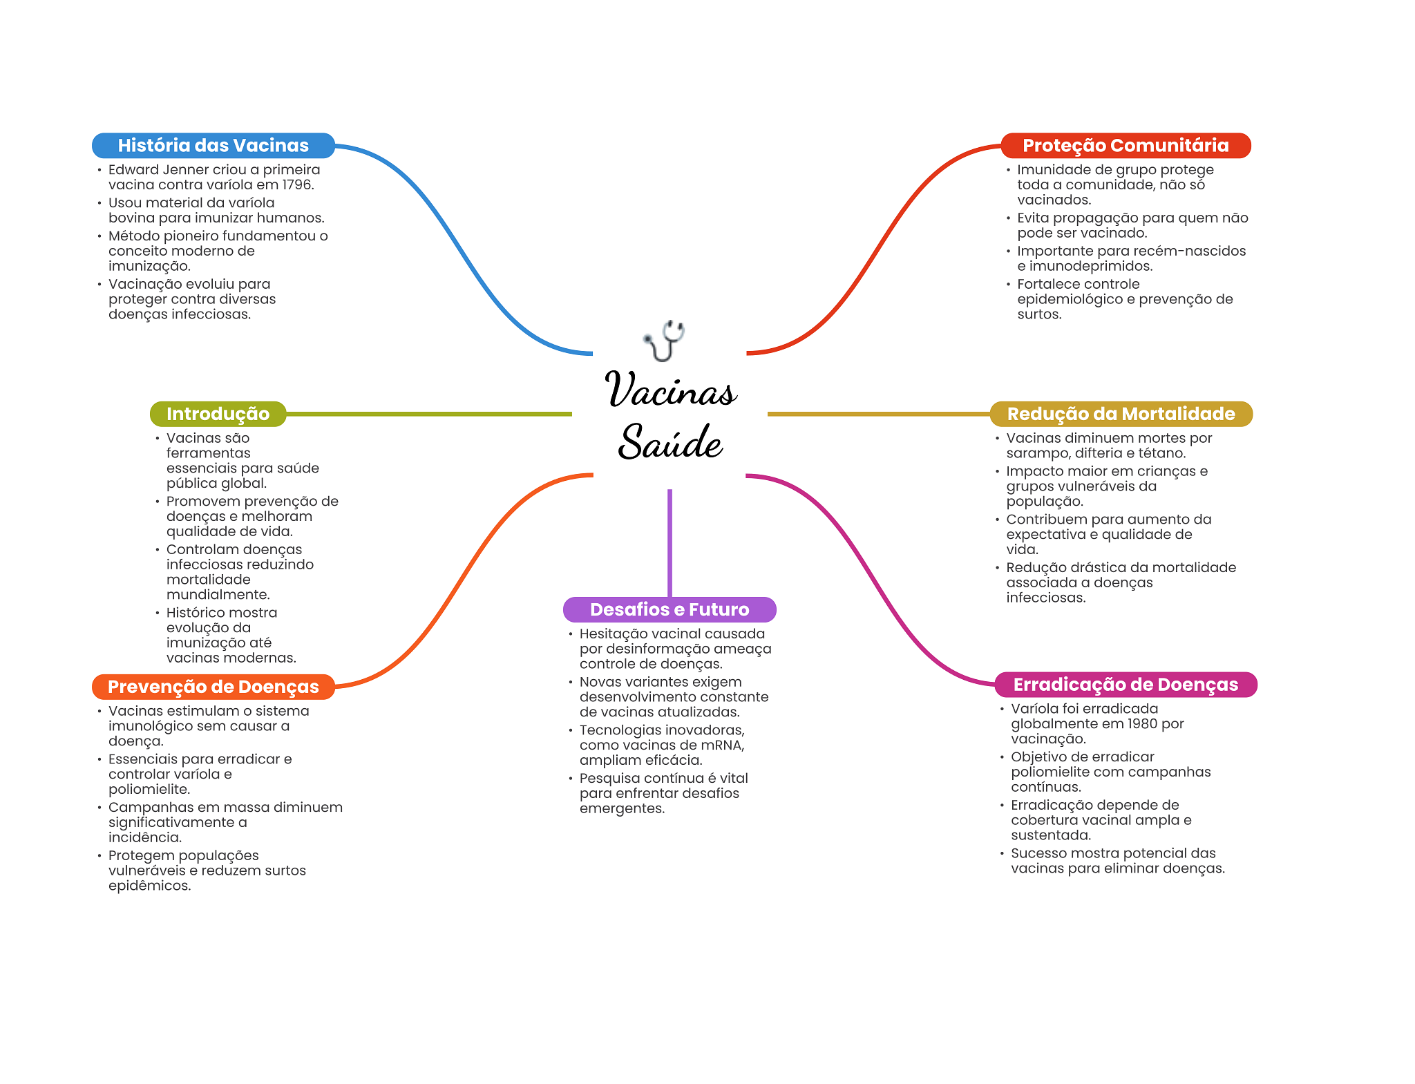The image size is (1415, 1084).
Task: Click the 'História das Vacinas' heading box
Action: click(x=213, y=145)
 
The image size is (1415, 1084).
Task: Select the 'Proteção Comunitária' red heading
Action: click(x=1126, y=145)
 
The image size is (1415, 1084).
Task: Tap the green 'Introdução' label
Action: click(x=218, y=414)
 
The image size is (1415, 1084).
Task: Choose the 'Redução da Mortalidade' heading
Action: click(x=1121, y=414)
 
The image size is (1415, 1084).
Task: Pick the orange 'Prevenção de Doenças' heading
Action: click(x=213, y=687)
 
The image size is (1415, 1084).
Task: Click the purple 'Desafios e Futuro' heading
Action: click(x=669, y=609)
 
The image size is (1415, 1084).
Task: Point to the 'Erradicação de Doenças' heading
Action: click(x=1126, y=685)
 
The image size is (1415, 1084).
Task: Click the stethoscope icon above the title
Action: click(x=664, y=341)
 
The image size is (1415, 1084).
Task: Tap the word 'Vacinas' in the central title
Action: click(x=671, y=389)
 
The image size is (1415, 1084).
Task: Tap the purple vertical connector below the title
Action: click(x=669, y=543)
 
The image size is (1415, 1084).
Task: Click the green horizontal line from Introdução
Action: click(x=429, y=414)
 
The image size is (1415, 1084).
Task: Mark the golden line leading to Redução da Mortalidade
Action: click(x=879, y=414)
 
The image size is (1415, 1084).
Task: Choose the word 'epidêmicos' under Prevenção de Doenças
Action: click(x=149, y=886)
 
